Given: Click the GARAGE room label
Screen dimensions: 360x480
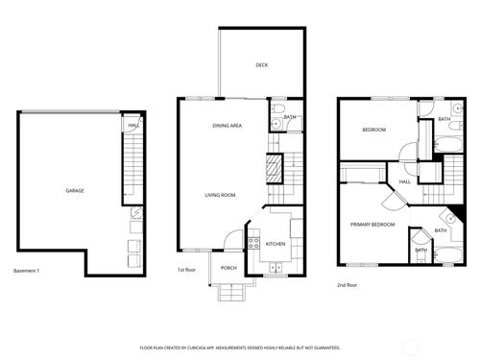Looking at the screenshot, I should tap(74, 190).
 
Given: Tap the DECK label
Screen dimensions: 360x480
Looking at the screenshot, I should tap(261, 65).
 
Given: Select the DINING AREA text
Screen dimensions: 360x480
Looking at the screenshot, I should tap(227, 126).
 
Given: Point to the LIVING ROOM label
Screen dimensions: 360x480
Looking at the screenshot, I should tap(220, 195).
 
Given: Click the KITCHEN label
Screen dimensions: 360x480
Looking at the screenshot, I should tap(276, 244).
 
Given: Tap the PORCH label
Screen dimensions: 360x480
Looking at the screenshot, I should tap(228, 268).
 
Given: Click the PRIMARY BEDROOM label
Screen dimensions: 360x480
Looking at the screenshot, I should tap(372, 224).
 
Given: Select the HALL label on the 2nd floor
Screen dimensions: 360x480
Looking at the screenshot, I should tap(405, 180).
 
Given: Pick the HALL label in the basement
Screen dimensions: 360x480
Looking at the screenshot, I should tap(133, 124).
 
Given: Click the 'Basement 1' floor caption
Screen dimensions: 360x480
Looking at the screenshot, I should tap(27, 272).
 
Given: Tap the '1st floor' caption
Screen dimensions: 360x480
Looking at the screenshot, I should tap(188, 272).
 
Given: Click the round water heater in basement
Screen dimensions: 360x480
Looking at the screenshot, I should tap(136, 215).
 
